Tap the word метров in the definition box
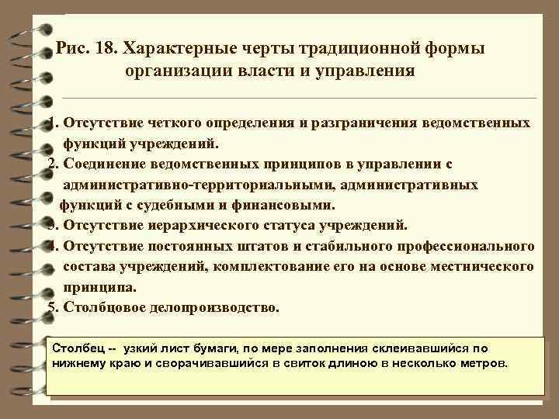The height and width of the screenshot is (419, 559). (484, 362)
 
